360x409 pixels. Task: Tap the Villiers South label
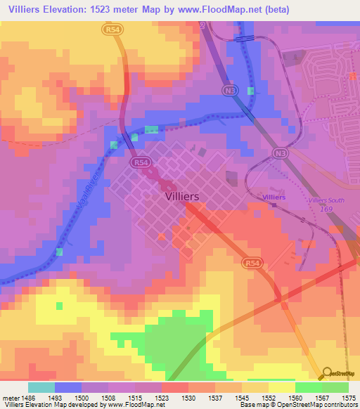[327, 200]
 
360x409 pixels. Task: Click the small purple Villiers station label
[274, 197]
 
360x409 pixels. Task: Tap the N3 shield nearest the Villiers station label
[281, 152]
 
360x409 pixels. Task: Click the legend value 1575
[349, 398]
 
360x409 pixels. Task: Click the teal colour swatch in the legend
[41, 387]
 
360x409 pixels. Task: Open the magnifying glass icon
[328, 374]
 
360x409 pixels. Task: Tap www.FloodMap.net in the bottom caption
[127, 405]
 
